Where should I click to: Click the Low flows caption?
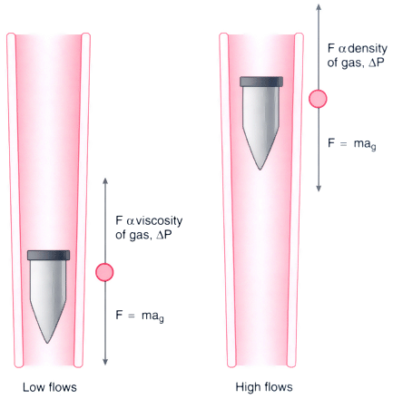[50, 387]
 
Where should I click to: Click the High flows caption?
[264, 387]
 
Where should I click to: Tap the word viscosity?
[159, 221]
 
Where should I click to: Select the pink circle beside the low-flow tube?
[104, 272]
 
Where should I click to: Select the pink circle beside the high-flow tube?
[318, 99]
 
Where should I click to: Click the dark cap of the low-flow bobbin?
[48, 255]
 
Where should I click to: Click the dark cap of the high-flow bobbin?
[261, 82]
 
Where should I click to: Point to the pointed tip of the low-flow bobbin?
[47, 343]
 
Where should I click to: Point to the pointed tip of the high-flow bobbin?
[260, 170]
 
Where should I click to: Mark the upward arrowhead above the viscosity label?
[105, 180]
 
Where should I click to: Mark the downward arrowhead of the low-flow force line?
[105, 362]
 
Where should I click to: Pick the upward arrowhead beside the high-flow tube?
[319, 7]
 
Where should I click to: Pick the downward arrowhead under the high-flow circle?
[319, 189]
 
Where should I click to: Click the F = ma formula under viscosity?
[140, 316]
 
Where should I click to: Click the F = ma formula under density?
[352, 144]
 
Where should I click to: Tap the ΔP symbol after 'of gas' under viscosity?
[164, 235]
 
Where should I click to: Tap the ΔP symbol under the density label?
[376, 63]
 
